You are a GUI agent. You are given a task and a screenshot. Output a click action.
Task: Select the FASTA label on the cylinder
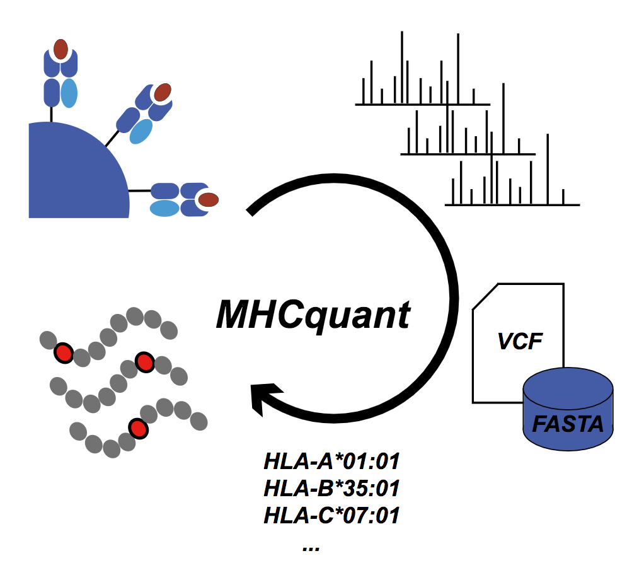[568, 422]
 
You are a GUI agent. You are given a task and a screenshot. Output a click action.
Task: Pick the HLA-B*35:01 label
[331, 489]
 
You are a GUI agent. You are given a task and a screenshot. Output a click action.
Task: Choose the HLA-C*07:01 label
[331, 516]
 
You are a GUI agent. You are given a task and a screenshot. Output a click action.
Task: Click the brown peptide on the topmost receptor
[60, 49]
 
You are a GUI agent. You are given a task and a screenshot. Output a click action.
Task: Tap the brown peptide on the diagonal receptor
[163, 92]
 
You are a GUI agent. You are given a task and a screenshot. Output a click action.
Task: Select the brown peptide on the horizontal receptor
[208, 200]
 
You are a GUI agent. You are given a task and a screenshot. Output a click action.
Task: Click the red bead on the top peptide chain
[64, 353]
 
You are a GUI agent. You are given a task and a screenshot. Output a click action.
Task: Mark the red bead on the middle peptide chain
[145, 362]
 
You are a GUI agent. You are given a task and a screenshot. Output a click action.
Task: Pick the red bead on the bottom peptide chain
[137, 428]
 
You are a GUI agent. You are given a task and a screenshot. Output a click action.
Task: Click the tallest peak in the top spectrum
[457, 66]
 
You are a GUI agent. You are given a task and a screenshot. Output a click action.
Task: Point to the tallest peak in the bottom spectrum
[548, 167]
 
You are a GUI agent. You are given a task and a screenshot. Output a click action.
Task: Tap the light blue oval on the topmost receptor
[69, 93]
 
